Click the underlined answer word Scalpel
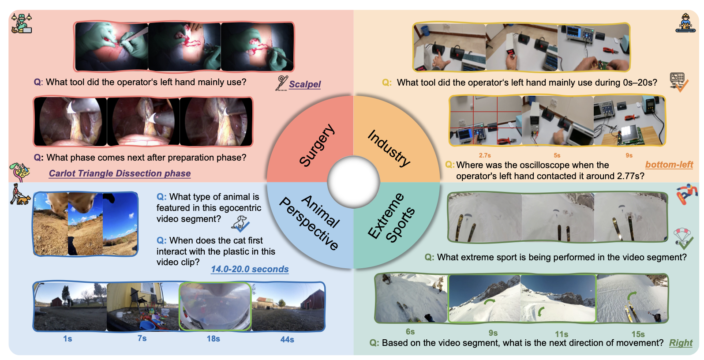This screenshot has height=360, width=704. (305, 84)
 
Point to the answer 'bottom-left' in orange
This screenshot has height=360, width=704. (669, 165)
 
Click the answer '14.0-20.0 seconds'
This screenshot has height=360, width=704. (250, 269)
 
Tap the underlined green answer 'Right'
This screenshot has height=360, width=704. (681, 343)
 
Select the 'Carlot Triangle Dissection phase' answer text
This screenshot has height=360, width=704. (120, 173)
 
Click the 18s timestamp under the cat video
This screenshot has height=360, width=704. (213, 339)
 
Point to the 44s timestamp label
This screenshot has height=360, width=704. (287, 339)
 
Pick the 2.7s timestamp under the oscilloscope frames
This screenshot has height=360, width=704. (485, 155)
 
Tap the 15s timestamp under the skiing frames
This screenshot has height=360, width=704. (638, 334)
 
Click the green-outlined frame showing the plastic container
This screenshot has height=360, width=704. (215, 306)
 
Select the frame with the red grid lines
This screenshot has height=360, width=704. (486, 120)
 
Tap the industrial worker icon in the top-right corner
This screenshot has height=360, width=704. (685, 22)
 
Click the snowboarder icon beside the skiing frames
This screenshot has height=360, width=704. (686, 195)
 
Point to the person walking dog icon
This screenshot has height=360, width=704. (20, 195)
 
